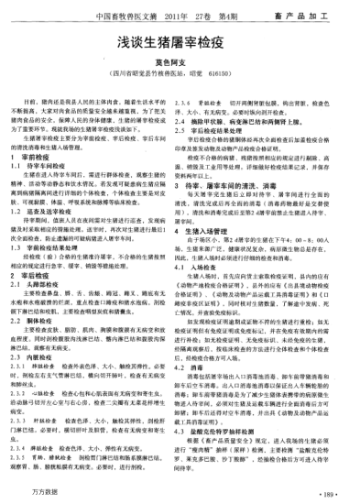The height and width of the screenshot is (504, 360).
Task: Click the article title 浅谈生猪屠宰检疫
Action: [180, 44]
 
